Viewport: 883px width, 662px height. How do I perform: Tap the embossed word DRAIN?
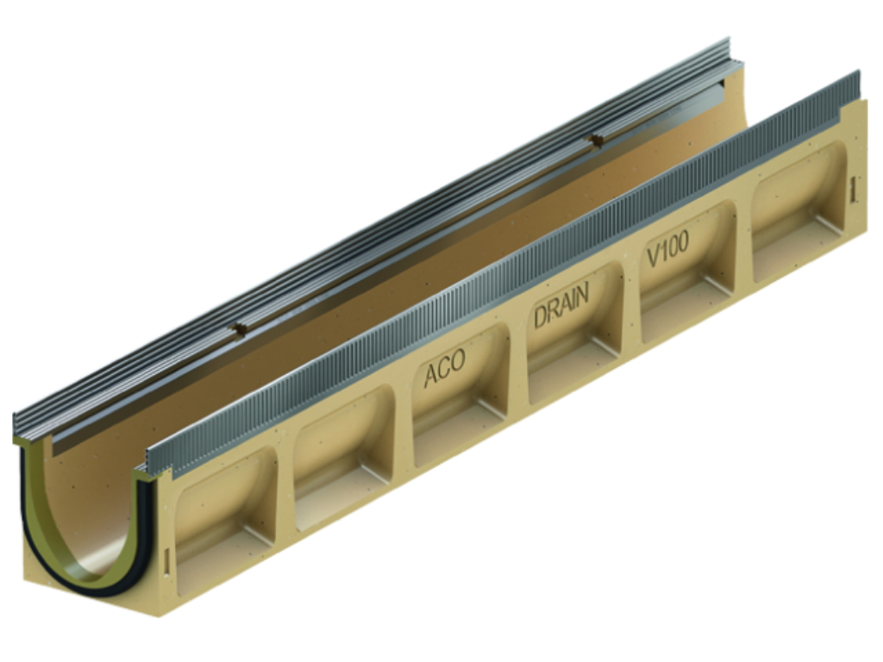click(560, 305)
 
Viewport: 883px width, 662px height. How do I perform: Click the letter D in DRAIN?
click(541, 317)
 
